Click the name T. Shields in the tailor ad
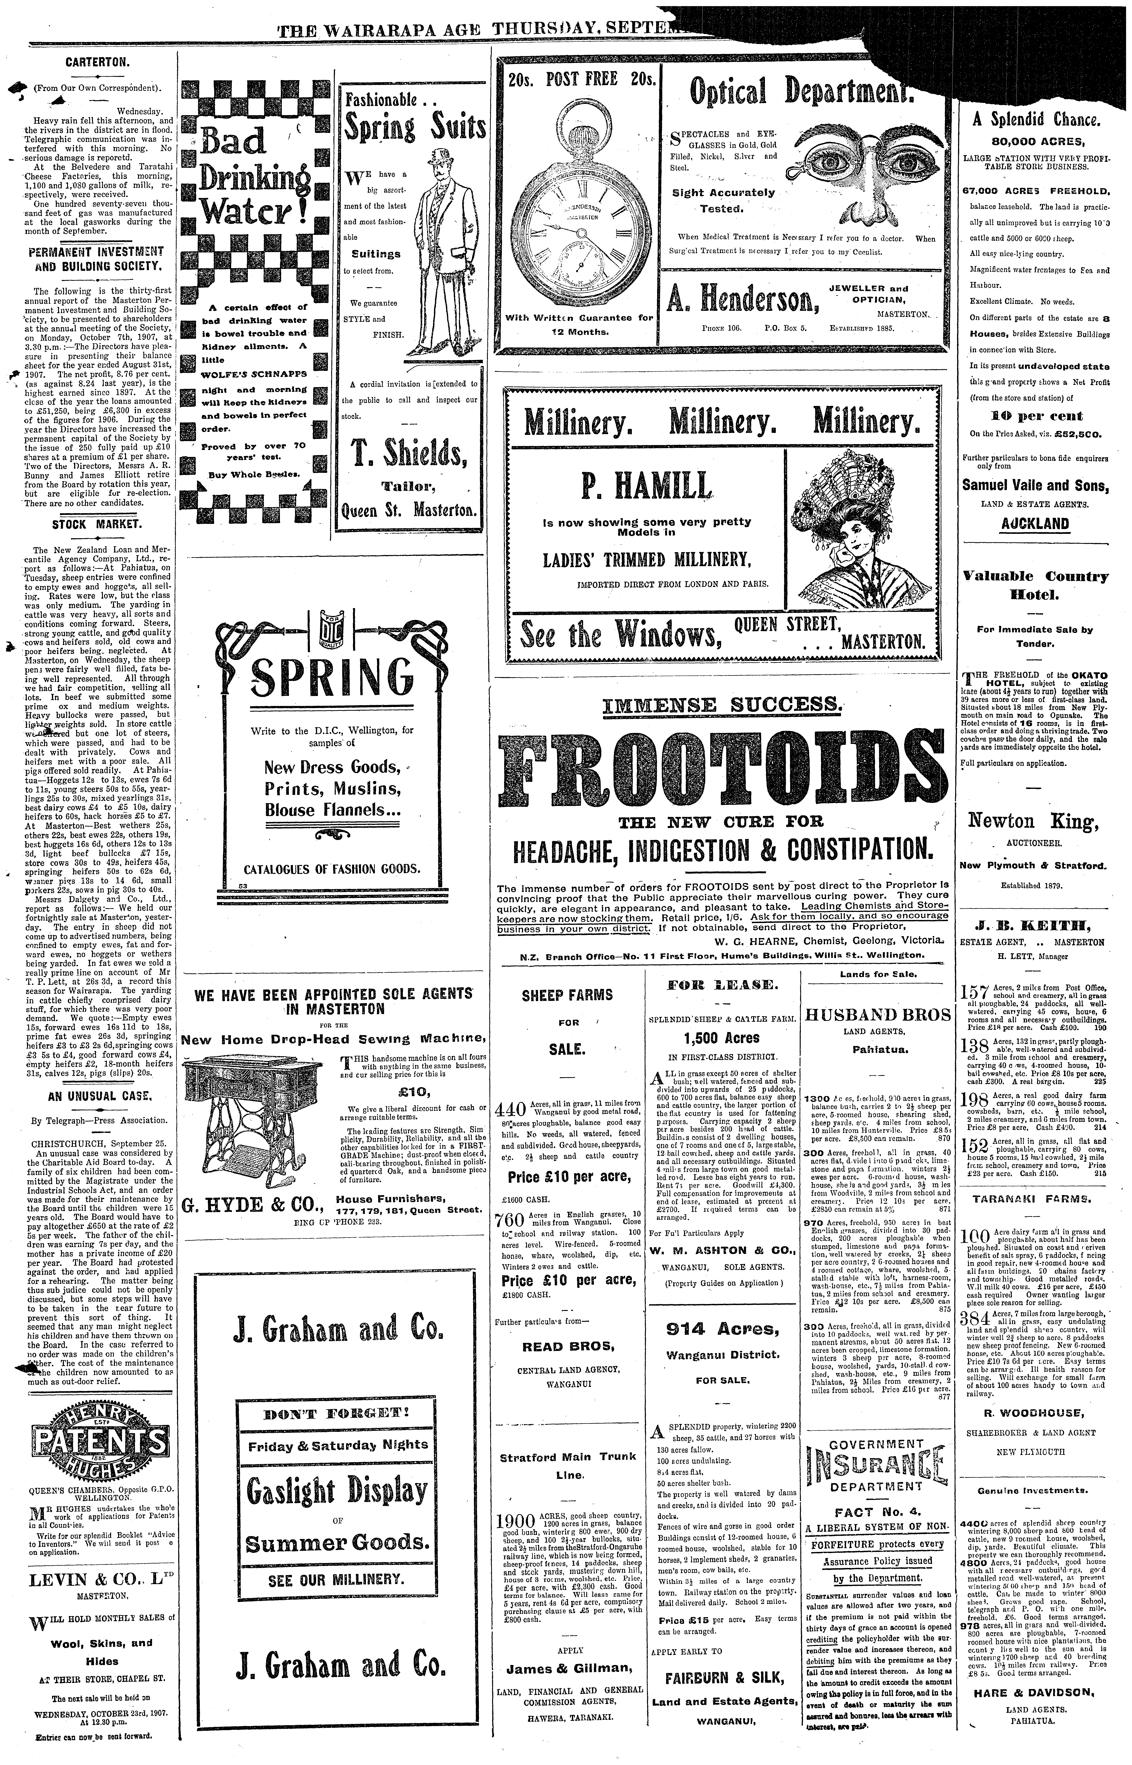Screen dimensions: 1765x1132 410,456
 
